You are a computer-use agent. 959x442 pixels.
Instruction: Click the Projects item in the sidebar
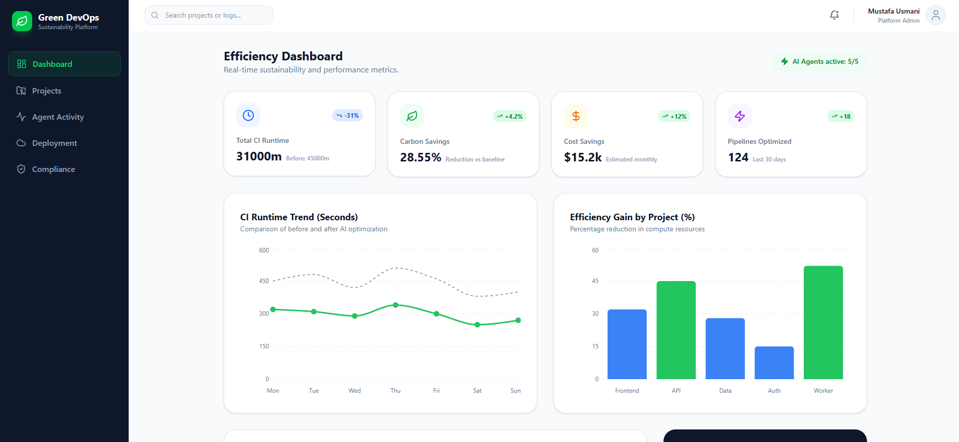(x=46, y=91)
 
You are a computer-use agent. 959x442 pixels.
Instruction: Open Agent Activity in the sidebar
(x=58, y=117)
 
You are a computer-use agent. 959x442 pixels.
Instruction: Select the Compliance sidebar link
(x=53, y=169)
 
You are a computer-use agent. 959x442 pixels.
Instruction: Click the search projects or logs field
(x=209, y=16)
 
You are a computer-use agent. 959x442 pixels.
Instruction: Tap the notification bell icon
(x=834, y=15)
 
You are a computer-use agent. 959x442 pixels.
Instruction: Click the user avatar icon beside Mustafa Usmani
(x=935, y=16)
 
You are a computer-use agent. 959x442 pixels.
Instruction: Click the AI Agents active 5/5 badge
(x=819, y=62)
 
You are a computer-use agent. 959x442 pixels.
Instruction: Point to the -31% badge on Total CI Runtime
(x=347, y=116)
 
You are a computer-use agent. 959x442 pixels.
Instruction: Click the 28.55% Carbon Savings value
(x=421, y=158)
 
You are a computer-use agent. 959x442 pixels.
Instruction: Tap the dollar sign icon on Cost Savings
(x=576, y=117)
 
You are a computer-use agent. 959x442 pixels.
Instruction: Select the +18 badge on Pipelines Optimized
(x=841, y=117)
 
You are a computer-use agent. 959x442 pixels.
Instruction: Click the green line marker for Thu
(x=396, y=305)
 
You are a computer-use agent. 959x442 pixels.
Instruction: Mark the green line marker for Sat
(x=477, y=325)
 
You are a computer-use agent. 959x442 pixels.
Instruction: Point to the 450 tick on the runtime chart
(x=264, y=281)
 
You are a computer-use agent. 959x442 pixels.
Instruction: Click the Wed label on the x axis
(x=355, y=391)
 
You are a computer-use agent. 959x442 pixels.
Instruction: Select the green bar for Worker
(x=823, y=322)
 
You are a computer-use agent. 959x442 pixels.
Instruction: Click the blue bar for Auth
(x=774, y=363)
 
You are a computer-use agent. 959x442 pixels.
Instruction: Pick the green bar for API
(x=676, y=330)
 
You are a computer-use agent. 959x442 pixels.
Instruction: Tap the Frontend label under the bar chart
(x=627, y=391)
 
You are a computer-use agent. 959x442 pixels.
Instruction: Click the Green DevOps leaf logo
(x=22, y=21)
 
